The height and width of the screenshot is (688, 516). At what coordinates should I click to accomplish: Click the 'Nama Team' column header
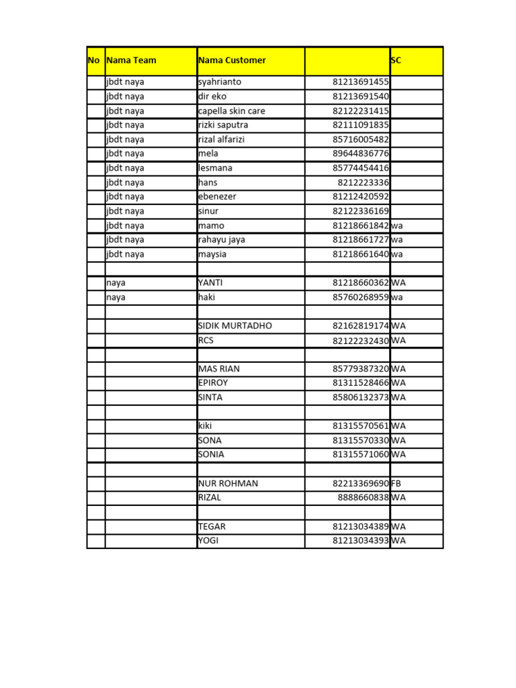click(131, 60)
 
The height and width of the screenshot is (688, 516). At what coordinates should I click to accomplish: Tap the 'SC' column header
click(396, 60)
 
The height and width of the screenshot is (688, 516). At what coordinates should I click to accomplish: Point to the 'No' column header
click(94, 60)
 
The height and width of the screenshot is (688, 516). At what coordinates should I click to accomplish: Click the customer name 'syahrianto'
click(220, 82)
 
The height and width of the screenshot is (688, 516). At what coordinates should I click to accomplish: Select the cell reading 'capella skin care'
click(232, 111)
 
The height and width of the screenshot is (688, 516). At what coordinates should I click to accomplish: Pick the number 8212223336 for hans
click(363, 183)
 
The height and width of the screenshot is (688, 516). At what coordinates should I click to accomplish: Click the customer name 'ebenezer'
click(217, 197)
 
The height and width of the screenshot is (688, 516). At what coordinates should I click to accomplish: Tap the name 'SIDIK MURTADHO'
click(235, 326)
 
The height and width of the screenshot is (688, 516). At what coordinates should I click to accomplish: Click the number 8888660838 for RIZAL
click(363, 498)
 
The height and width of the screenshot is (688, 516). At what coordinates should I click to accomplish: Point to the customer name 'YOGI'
click(208, 541)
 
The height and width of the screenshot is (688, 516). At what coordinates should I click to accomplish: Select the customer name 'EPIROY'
click(213, 383)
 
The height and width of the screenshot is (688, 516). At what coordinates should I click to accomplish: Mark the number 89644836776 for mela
click(361, 154)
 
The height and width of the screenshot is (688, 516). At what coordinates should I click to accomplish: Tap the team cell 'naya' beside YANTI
click(116, 283)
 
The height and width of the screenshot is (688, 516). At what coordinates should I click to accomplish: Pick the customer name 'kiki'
click(205, 426)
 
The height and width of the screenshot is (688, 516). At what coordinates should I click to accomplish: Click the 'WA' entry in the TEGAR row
click(398, 527)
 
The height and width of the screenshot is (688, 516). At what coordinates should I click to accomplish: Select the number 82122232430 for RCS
click(361, 341)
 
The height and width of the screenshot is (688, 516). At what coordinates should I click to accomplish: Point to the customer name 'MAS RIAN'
click(219, 369)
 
